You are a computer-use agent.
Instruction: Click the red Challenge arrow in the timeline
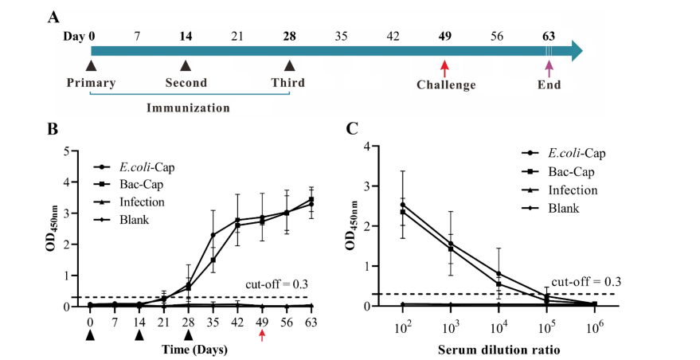[x=445, y=68]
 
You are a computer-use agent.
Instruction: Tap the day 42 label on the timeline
[x=393, y=36]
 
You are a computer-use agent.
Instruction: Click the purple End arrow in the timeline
[x=548, y=68]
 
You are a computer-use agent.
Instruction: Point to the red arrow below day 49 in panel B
[x=262, y=336]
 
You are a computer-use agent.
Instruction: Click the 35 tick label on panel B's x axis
[x=213, y=322]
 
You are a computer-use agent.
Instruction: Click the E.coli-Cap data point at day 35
[x=213, y=235]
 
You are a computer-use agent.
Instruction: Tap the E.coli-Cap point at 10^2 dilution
[x=402, y=205]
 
